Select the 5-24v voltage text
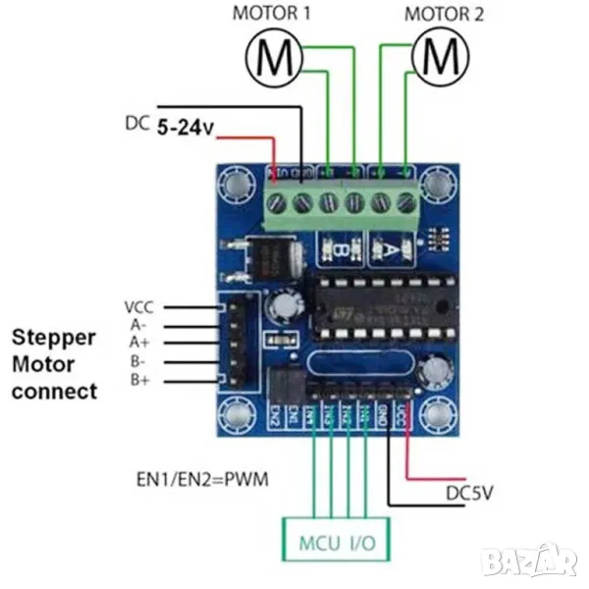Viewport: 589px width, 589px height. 186,127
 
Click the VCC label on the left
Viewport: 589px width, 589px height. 139,306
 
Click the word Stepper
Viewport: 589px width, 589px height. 54,338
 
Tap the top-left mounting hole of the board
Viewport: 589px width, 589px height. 236,183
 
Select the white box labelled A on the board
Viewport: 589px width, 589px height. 391,250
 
